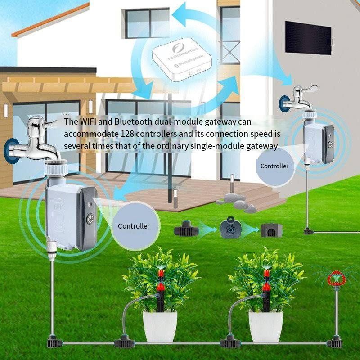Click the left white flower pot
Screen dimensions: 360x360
tap(160, 324)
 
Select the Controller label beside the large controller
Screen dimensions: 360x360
tap(134, 226)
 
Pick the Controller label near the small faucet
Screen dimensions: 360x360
tap(274, 166)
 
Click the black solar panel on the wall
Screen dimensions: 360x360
tap(308, 36)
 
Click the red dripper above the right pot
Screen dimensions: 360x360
tap(266, 275)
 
